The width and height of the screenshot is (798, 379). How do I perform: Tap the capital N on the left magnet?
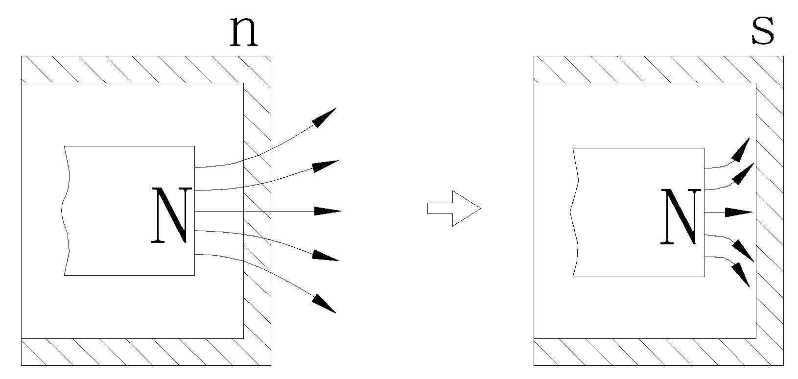click(x=169, y=215)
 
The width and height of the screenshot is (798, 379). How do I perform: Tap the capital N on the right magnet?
click(x=679, y=216)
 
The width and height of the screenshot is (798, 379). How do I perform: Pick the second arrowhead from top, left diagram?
click(x=325, y=166)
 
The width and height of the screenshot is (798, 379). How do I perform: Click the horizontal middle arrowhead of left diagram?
click(x=327, y=211)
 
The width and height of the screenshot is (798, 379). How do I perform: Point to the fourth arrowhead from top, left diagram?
click(x=326, y=256)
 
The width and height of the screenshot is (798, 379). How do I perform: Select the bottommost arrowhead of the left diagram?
click(x=324, y=304)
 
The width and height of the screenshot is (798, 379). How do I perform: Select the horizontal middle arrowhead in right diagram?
click(x=738, y=213)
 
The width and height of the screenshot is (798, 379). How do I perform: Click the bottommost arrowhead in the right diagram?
click(x=742, y=275)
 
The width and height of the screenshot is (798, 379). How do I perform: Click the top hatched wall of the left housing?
click(x=132, y=70)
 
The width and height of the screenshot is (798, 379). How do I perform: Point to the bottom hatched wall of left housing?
click(x=132, y=352)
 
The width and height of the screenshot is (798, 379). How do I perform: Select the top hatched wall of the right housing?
click(x=644, y=70)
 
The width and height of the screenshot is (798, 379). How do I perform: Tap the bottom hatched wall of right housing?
click(x=644, y=352)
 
